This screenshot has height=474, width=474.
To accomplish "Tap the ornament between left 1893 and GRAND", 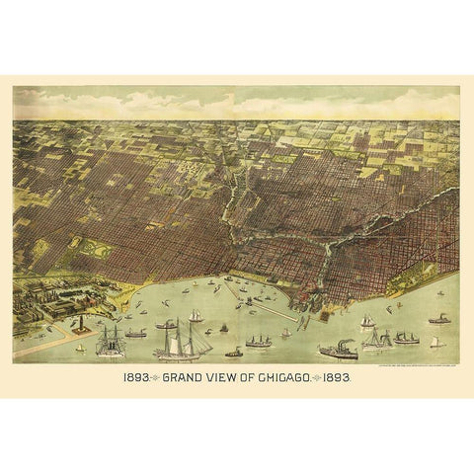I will click(x=156, y=376).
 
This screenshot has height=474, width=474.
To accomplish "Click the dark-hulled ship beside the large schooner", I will click(x=110, y=341).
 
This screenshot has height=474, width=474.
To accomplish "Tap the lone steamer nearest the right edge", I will click(x=438, y=319).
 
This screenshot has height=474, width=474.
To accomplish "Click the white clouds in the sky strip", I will click(x=237, y=102).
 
